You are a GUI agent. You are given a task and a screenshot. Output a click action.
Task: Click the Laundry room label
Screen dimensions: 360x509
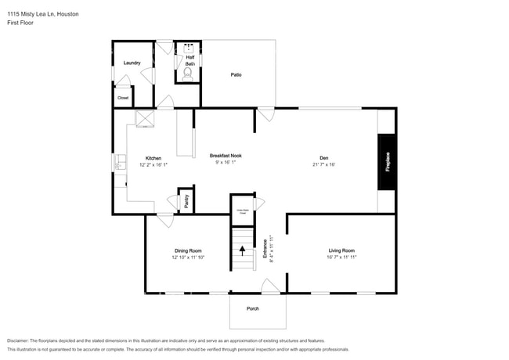pos(132,63)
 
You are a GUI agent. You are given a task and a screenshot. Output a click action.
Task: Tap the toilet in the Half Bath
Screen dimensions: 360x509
pos(187,75)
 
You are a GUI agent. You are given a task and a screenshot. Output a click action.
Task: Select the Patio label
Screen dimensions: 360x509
pos(236,74)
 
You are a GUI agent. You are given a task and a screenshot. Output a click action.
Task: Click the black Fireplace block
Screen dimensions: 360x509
pos(387,161)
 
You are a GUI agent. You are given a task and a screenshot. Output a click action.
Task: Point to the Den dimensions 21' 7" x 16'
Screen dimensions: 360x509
pos(323,164)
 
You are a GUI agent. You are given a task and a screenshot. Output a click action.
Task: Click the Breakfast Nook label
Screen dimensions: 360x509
pos(226,156)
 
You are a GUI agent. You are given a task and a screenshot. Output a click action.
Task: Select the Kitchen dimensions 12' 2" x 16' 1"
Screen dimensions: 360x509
pos(153,165)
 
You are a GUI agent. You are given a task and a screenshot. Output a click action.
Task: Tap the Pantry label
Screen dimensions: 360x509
pos(186,200)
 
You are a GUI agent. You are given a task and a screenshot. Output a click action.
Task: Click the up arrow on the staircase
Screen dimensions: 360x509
pos(242,250)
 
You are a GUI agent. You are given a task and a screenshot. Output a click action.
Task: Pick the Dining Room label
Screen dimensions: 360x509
pos(188,250)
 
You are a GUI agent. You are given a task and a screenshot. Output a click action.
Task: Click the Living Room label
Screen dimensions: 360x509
pos(341,250)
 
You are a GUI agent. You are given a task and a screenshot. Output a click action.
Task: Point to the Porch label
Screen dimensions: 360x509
pos(253,308)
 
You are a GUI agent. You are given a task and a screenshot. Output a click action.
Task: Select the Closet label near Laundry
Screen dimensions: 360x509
pos(123,98)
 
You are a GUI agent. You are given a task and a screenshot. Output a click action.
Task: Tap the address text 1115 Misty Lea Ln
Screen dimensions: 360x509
pos(43,14)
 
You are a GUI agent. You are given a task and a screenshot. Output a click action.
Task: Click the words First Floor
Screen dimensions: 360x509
pos(20,23)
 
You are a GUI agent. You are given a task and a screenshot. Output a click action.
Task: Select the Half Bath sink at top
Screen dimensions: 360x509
pos(188,48)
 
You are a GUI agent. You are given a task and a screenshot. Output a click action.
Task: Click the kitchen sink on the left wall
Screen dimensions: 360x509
pos(120,164)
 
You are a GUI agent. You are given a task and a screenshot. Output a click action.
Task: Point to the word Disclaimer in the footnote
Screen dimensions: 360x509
pos(20,341)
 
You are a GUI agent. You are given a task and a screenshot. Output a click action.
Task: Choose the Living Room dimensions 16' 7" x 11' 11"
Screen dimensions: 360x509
pos(341,257)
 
